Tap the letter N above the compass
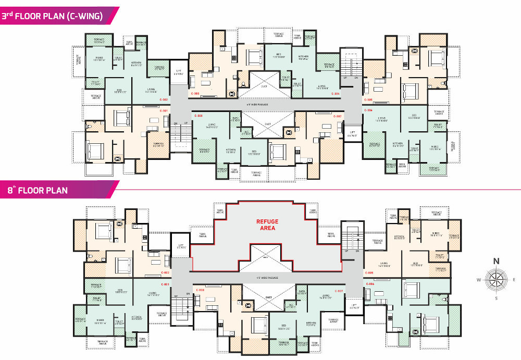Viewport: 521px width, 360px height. pos(497,261)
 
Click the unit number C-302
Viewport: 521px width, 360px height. pos(164,98)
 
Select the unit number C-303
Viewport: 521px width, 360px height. pos(195,94)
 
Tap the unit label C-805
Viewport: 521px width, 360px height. pos(370,272)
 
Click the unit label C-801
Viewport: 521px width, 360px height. pos(165,284)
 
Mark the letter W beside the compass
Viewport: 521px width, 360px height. pos(478,280)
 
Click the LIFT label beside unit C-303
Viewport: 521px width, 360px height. pos(178,71)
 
